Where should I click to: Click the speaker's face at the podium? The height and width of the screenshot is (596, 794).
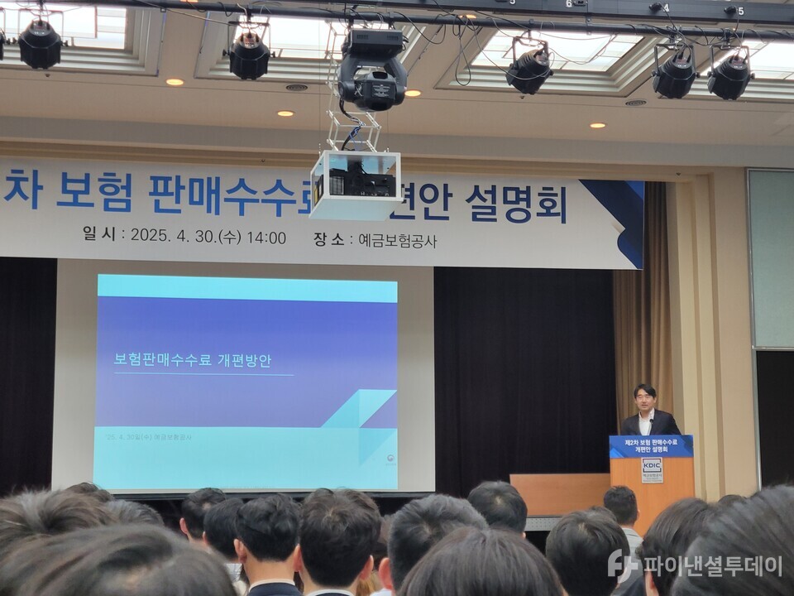pyautogui.click(x=645, y=397)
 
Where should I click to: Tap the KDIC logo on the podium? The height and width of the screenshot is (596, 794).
pyautogui.click(x=652, y=469)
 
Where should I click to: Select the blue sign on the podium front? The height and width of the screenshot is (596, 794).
pyautogui.click(x=652, y=446)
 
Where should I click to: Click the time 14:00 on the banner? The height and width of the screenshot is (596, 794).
pyautogui.click(x=266, y=238)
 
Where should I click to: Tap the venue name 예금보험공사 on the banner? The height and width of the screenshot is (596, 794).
pyautogui.click(x=397, y=241)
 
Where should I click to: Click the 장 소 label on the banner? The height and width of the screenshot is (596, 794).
pyautogui.click(x=328, y=239)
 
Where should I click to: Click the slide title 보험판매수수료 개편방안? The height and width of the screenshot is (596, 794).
pyautogui.click(x=192, y=361)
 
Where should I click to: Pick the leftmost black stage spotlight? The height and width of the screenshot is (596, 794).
pyautogui.click(x=40, y=46)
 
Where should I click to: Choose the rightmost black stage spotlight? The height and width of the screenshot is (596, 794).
pyautogui.click(x=729, y=75)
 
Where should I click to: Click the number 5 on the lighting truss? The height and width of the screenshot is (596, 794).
pyautogui.click(x=739, y=12)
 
